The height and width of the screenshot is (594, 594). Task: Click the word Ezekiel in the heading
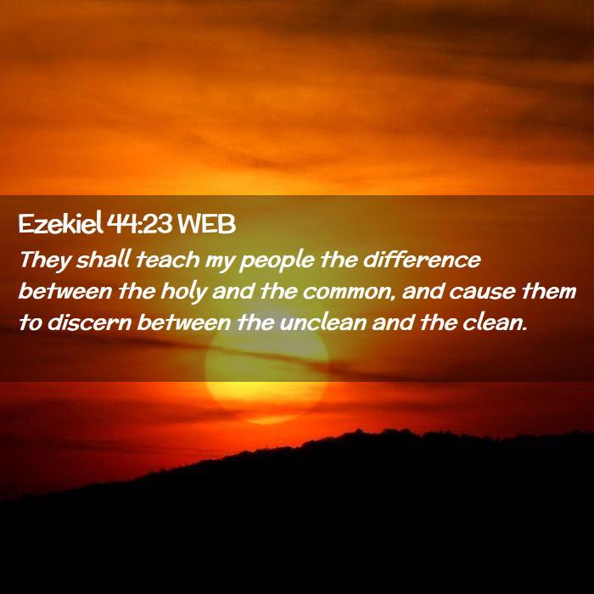[60, 224]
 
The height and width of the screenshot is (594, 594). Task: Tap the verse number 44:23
[140, 225]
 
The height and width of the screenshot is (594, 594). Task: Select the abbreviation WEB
[206, 225]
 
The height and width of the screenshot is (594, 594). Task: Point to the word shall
[103, 260]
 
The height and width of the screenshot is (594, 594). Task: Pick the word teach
[167, 261]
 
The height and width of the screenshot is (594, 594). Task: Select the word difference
[422, 260]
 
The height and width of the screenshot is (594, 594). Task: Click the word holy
[184, 293]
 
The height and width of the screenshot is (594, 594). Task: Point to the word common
[347, 294]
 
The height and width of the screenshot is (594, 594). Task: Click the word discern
[89, 323]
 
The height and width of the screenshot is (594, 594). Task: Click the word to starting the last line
[30, 324]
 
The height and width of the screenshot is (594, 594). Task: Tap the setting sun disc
[266, 374]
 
